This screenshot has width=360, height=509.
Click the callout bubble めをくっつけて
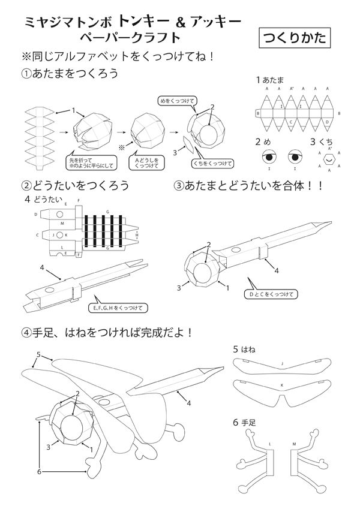178,101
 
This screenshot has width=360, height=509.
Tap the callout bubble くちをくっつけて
212,162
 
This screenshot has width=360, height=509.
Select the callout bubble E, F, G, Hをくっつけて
118,308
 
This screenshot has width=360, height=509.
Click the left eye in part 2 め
268,158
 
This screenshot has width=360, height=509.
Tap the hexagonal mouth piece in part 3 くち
329,160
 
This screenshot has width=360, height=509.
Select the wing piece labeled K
282,390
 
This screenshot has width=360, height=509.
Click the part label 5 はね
245,348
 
